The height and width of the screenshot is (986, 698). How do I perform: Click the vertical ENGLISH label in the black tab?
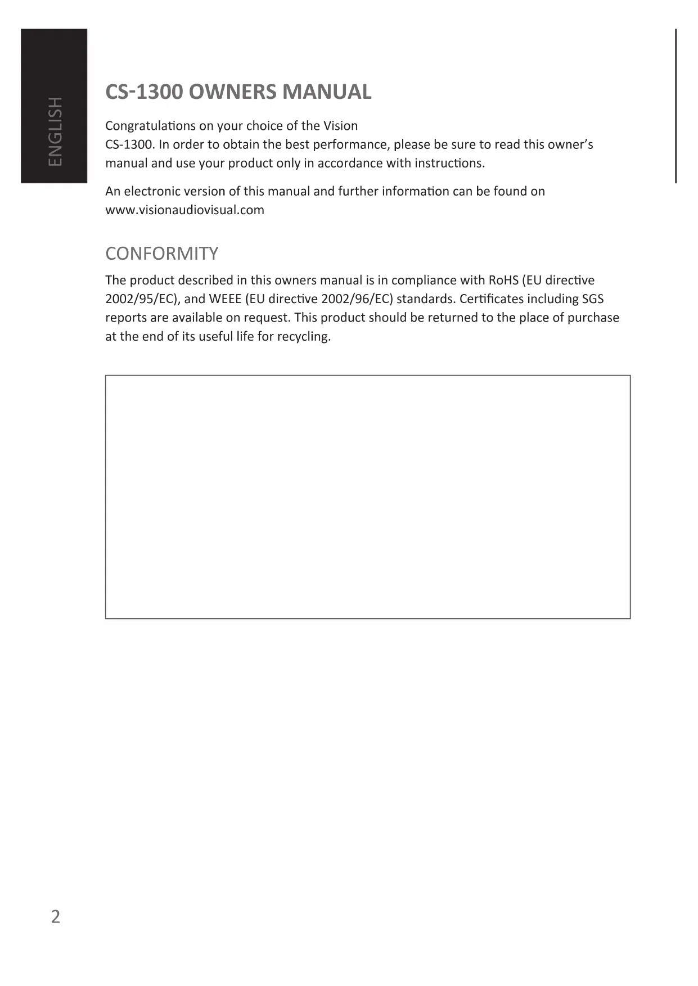pos(55,131)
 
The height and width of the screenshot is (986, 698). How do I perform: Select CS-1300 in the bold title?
pos(144,92)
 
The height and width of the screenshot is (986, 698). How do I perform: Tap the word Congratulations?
pos(150,126)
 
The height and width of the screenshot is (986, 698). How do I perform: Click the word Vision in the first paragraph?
pos(340,125)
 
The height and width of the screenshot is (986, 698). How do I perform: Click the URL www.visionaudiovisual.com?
pos(184,210)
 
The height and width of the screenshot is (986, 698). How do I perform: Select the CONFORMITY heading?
pos(162,254)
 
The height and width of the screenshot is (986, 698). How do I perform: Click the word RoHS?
pos(503,280)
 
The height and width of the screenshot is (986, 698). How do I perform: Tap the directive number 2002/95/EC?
pos(142,299)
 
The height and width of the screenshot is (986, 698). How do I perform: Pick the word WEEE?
pos(225,299)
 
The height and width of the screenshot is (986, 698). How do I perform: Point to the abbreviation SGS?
pos(593,299)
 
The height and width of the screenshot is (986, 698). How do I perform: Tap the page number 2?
pos(55,917)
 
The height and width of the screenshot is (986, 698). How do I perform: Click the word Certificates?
pos(491,299)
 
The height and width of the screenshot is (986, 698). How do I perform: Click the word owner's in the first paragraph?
pos(570,144)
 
